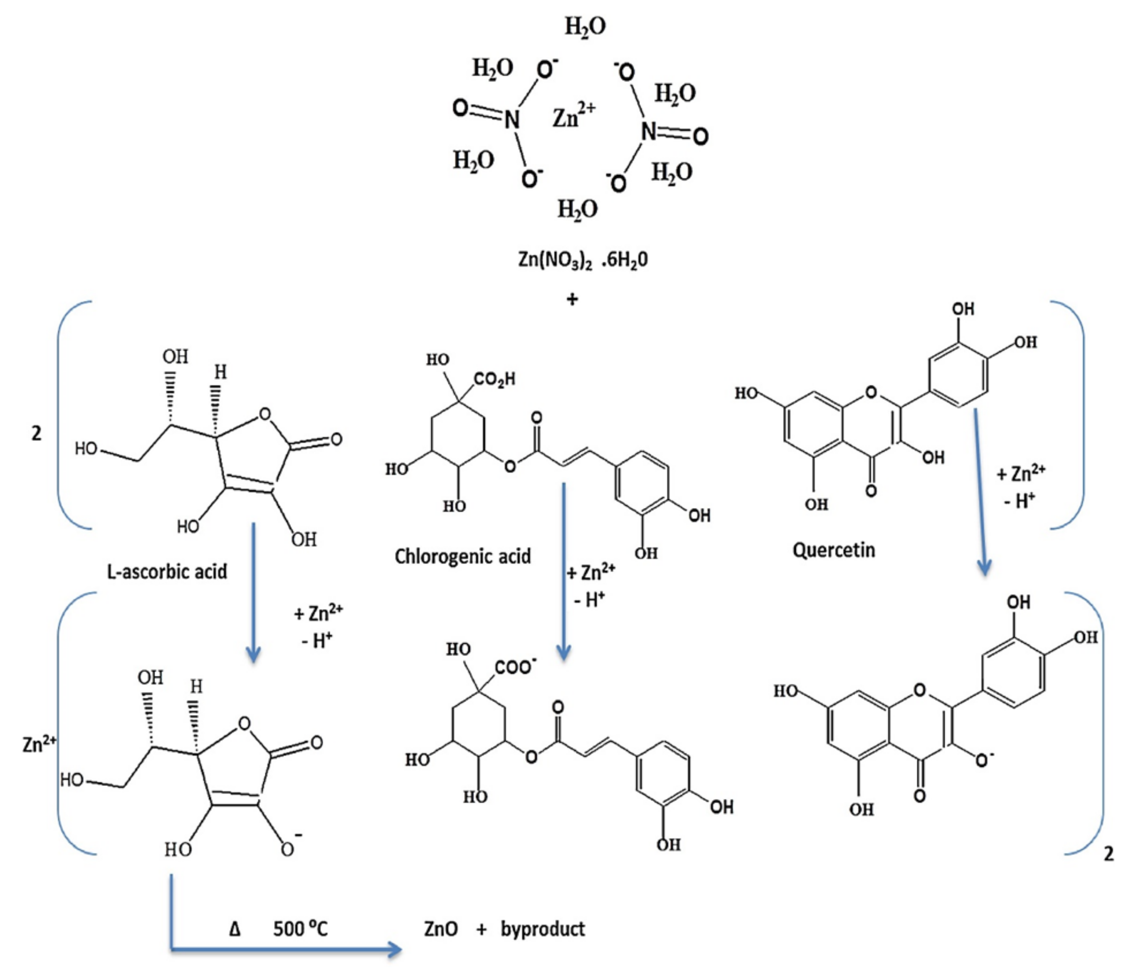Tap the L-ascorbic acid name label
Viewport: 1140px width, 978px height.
[167, 572]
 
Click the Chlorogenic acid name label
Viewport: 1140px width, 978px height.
[463, 556]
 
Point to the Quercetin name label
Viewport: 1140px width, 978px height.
[833, 550]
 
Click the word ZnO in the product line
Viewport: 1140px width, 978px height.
[441, 929]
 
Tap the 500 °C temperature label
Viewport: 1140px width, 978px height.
[300, 929]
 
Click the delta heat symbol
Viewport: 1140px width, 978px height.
[235, 929]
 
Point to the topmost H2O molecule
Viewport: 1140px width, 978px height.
[585, 26]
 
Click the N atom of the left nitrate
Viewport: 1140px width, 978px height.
[512, 118]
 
